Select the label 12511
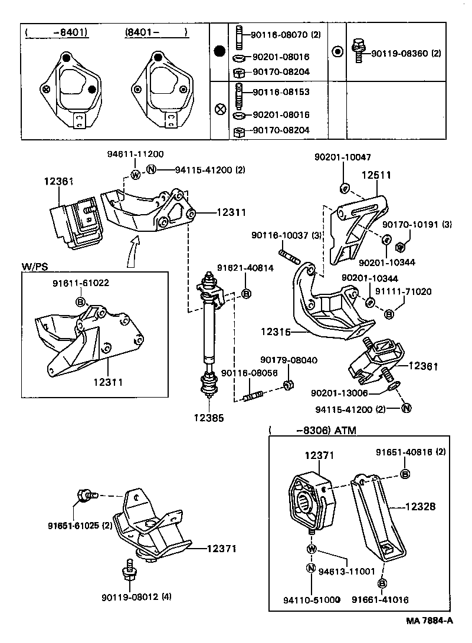pyautogui.click(x=376, y=175)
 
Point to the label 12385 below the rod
pyautogui.click(x=209, y=418)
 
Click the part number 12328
pyautogui.click(x=421, y=506)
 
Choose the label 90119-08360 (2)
pyautogui.click(x=406, y=54)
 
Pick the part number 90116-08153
pyautogui.click(x=281, y=93)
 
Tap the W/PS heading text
pyautogui.click(x=35, y=266)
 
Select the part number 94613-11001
pyautogui.click(x=347, y=571)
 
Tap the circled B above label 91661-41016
pyautogui.click(x=382, y=583)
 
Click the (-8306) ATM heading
pyautogui.click(x=313, y=431)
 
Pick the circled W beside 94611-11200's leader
pyautogui.click(x=135, y=174)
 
